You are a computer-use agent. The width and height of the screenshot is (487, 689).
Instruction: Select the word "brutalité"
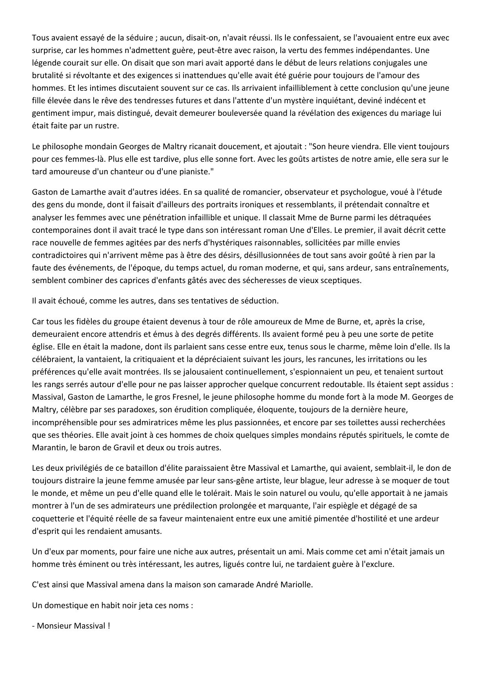[x=47, y=75]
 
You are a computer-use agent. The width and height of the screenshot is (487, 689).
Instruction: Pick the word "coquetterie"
[x=51, y=518]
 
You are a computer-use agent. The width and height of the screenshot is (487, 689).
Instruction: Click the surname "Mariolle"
[x=296, y=584]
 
